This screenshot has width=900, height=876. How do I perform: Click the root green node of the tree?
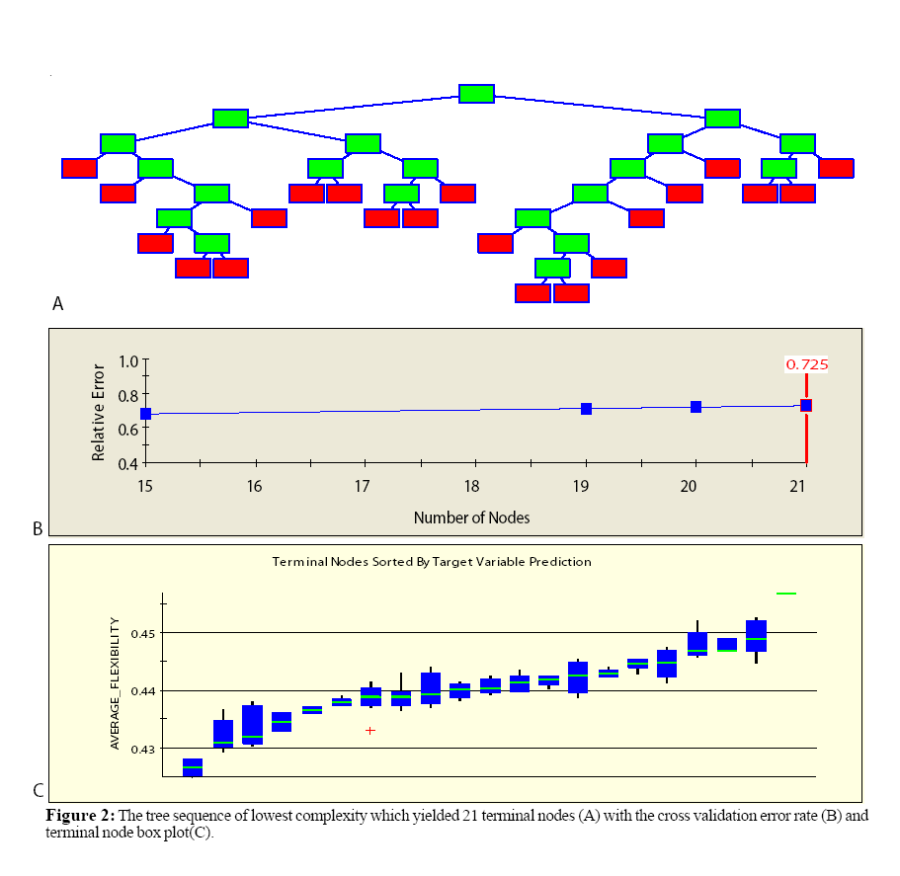point(476,94)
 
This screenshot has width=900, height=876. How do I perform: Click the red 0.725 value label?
point(806,364)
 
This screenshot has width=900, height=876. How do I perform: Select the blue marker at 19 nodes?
point(586,409)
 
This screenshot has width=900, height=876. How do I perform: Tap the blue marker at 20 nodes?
point(695,407)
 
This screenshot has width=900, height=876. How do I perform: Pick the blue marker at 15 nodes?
point(146,414)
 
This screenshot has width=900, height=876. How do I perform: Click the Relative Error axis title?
point(99,411)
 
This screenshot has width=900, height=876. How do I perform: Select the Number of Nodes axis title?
point(472,518)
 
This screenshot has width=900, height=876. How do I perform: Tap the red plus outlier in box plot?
point(370,731)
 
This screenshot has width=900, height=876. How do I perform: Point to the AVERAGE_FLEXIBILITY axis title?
point(115,683)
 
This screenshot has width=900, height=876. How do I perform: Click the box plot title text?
point(432,561)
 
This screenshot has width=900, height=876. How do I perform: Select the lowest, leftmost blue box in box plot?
point(193,767)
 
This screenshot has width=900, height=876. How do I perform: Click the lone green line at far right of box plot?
point(786,594)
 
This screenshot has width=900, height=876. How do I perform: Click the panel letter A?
point(57,304)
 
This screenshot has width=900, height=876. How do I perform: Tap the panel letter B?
point(38,529)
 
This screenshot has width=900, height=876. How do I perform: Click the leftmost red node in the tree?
point(79,168)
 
